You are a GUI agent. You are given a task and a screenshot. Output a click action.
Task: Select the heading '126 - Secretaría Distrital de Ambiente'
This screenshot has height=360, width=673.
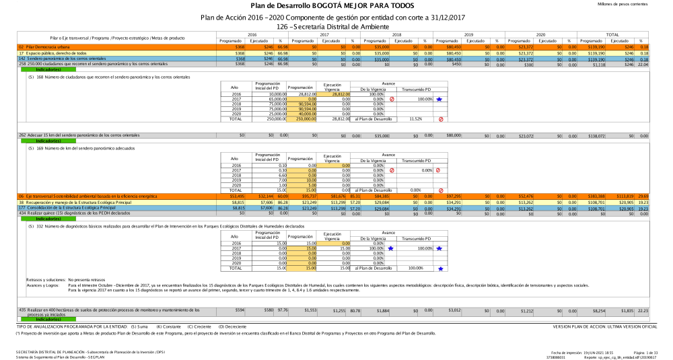[336, 26]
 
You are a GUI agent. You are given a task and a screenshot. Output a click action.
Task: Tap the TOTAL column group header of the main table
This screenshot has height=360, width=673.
[612, 34]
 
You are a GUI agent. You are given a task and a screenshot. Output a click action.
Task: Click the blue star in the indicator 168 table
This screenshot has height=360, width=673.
[439, 100]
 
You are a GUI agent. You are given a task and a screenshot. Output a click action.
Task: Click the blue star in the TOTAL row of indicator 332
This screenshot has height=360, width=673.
[440, 268]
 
